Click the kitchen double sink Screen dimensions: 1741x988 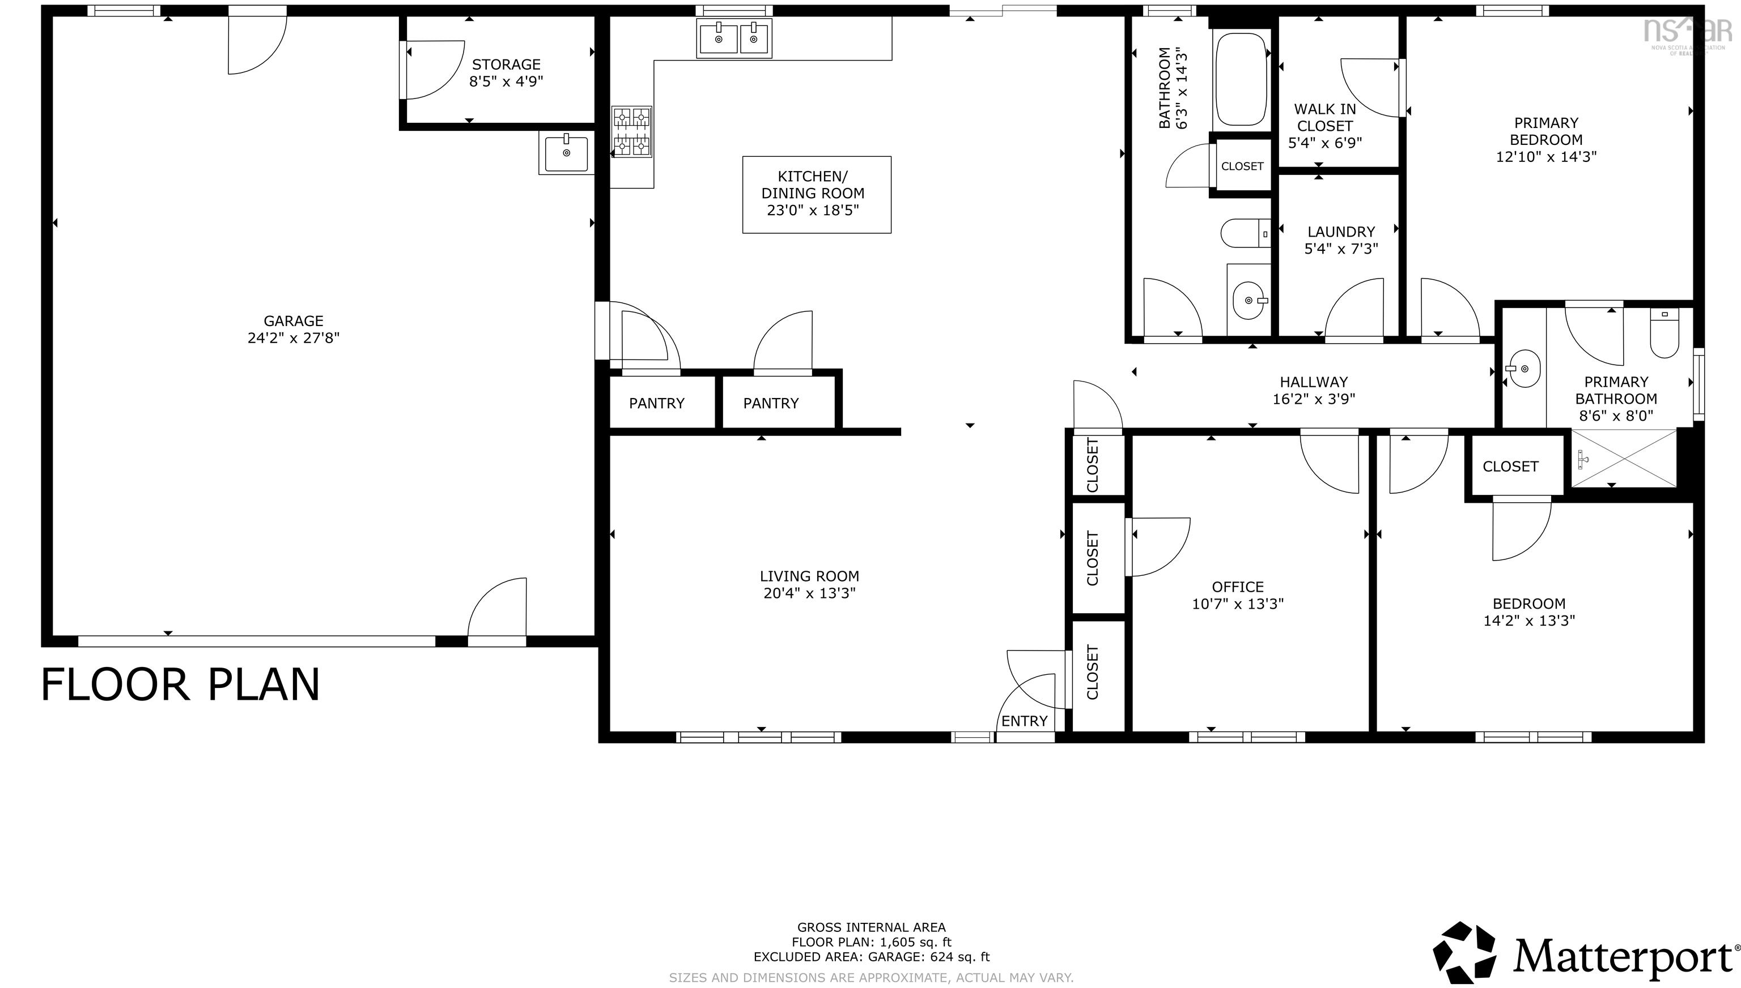[x=734, y=38]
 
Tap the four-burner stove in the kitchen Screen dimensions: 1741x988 [x=631, y=132]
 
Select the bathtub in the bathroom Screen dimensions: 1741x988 [x=1241, y=79]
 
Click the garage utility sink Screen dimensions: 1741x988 [x=566, y=152]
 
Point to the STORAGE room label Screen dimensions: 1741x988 [x=507, y=65]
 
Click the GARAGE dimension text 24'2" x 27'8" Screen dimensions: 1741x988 [x=294, y=338]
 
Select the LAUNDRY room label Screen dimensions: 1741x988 [x=1341, y=232]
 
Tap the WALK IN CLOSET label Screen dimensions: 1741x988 [x=1325, y=117]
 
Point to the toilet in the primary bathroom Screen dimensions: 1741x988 [x=1664, y=332]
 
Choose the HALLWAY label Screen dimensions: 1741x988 [x=1314, y=382]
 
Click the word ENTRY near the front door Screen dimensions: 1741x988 [x=1025, y=721]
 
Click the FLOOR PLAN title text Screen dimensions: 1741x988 [x=181, y=684]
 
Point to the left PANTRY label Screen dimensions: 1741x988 [x=657, y=404]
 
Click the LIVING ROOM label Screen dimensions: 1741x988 [x=809, y=576]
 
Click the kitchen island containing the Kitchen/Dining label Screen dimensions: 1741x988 [x=817, y=195]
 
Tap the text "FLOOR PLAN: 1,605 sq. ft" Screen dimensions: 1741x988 [x=871, y=942]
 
